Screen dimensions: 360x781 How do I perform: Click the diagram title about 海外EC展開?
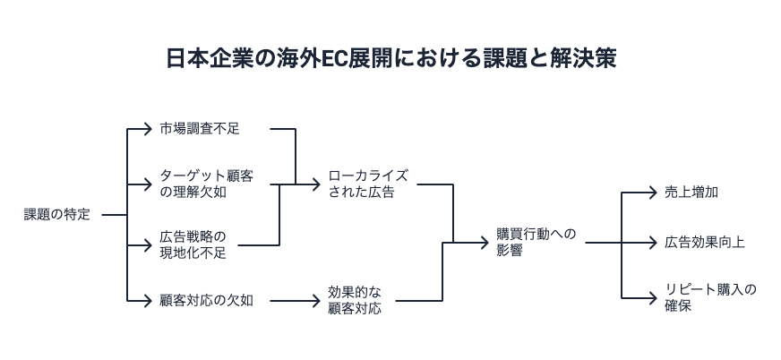[x=390, y=59]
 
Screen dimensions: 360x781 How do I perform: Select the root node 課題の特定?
[x=57, y=215]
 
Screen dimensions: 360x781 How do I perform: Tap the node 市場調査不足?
[x=200, y=129]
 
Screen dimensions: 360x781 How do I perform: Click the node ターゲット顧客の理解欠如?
[x=206, y=184]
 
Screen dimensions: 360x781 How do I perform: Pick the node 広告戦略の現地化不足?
[x=193, y=244]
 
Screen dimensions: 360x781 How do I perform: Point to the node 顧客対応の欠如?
[x=206, y=301]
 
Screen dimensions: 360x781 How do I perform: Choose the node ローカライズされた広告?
[x=368, y=184]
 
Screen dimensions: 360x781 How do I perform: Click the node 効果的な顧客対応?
[x=354, y=301]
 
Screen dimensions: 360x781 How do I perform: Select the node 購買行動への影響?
[x=536, y=243]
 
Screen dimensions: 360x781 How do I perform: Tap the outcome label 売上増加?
[x=691, y=193]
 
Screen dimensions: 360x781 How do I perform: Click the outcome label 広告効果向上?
[x=705, y=243]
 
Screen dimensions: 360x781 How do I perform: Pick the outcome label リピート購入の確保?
[x=710, y=297]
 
